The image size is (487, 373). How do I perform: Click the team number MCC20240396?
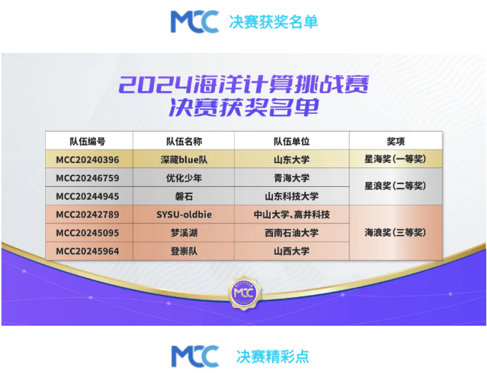pyautogui.click(x=87, y=160)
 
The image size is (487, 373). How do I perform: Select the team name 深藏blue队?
pyautogui.click(x=184, y=160)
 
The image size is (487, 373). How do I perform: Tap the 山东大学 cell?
pyautogui.click(x=291, y=160)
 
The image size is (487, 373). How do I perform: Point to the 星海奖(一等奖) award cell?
pyautogui.click(x=395, y=160)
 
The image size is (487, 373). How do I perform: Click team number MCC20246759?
pyautogui.click(x=87, y=178)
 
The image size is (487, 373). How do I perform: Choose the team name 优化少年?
pyautogui.click(x=184, y=178)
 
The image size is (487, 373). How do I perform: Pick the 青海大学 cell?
pyautogui.click(x=291, y=178)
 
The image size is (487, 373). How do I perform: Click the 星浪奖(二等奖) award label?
pyautogui.click(x=395, y=186)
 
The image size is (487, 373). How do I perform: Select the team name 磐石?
pyautogui.click(x=184, y=196)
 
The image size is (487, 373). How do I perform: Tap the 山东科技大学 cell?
pyautogui.click(x=291, y=196)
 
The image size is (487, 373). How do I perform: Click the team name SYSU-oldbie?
pyautogui.click(x=184, y=215)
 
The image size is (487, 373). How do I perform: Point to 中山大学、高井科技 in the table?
pyautogui.click(x=291, y=215)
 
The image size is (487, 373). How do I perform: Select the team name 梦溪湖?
pyautogui.click(x=184, y=233)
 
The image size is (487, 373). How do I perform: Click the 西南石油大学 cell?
pyautogui.click(x=291, y=233)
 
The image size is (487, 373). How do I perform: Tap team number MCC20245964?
pyautogui.click(x=87, y=251)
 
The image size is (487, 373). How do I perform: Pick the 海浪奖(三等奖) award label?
pyautogui.click(x=395, y=233)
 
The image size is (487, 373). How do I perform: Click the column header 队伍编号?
pyautogui.click(x=87, y=142)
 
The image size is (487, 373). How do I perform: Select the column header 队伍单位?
pyautogui.click(x=291, y=142)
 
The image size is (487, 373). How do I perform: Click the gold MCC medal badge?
pyautogui.click(x=244, y=293)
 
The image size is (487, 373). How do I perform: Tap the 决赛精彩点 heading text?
pyautogui.click(x=273, y=357)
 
